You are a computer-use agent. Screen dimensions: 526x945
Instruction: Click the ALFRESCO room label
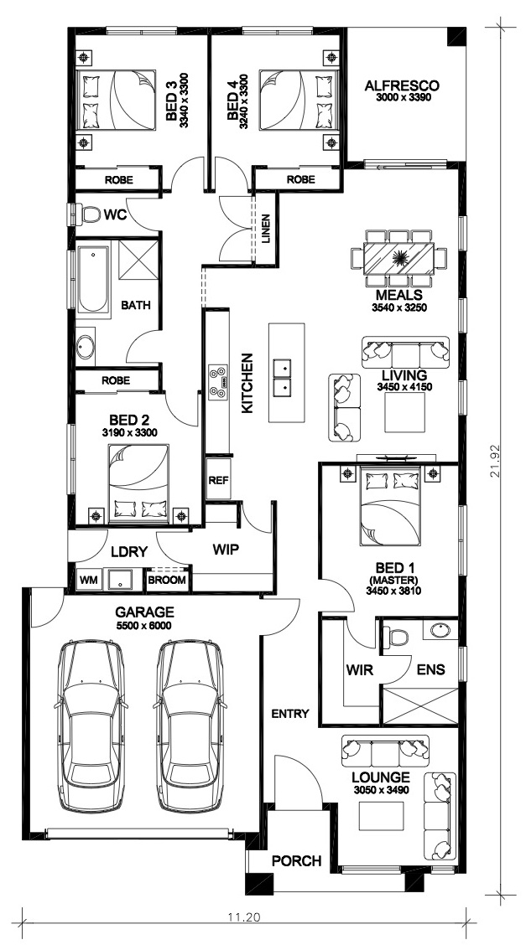[x=402, y=85]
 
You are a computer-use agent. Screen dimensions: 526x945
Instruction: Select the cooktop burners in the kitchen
[x=218, y=381]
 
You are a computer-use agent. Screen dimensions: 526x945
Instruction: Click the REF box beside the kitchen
[x=217, y=480]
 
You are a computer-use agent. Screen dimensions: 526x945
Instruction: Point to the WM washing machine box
[x=89, y=581]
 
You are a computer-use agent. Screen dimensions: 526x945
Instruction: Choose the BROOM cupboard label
[x=167, y=581]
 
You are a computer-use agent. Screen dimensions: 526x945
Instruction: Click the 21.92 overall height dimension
[x=496, y=462]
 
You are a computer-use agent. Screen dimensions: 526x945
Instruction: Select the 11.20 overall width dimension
[x=243, y=918]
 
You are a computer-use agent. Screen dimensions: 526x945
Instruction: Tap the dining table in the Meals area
[x=398, y=258]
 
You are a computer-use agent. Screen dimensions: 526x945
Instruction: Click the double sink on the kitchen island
[x=282, y=377]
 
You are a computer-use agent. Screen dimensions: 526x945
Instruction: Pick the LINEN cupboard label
[x=266, y=229]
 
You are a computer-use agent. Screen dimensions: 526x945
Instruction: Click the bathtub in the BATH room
[x=92, y=278]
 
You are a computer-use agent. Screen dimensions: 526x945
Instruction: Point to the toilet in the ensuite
[x=397, y=636]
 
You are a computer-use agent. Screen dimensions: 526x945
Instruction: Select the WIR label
[x=360, y=669]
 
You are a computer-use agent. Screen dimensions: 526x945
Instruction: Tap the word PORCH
[x=296, y=860]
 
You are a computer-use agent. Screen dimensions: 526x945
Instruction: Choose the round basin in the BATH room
[x=85, y=348]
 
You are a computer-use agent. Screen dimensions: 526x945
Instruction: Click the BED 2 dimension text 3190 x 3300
[x=130, y=431]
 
